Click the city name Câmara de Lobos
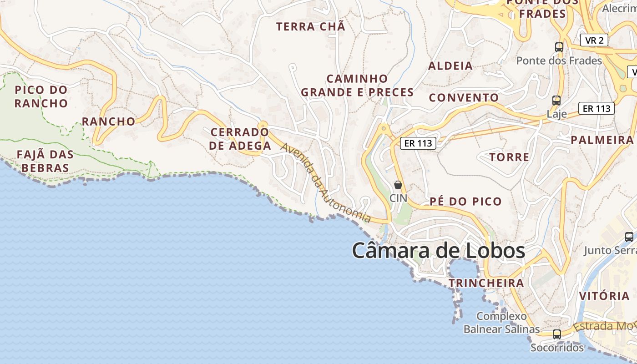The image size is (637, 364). [x=438, y=251]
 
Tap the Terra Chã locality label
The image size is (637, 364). [x=311, y=26]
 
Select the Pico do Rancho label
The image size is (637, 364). [x=41, y=96]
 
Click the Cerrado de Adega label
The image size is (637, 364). [x=240, y=139]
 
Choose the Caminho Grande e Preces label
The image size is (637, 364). [x=357, y=86]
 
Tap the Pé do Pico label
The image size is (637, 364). [x=465, y=201]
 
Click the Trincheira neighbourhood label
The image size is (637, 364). [x=486, y=283]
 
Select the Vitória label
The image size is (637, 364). [x=604, y=296]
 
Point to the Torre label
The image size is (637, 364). [x=509, y=157]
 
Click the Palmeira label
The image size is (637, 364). [x=602, y=140]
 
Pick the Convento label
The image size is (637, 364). [x=464, y=97]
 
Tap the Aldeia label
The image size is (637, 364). [x=450, y=66]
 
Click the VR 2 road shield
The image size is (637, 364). [x=594, y=40]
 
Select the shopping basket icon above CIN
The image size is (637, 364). [x=398, y=185]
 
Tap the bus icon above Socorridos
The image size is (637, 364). [x=556, y=334]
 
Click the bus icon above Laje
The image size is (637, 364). [x=556, y=101]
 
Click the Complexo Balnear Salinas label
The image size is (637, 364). [x=501, y=323]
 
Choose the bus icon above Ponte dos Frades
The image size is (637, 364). [x=559, y=47]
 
